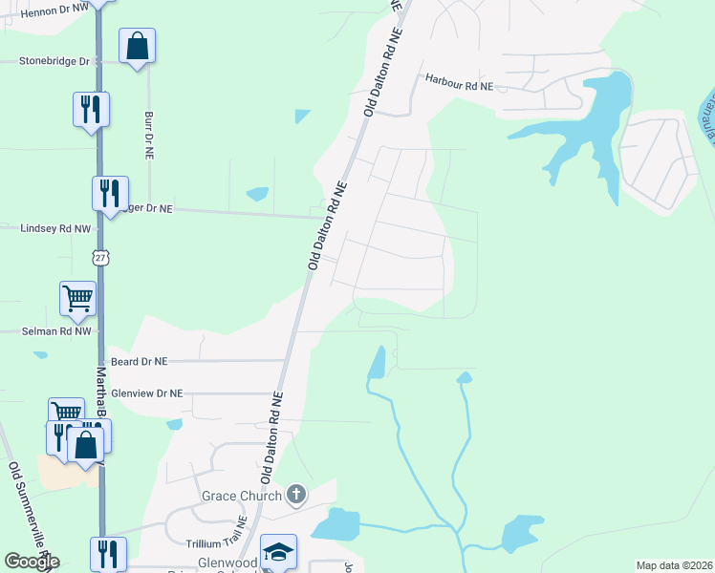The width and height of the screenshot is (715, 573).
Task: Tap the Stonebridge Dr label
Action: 54,61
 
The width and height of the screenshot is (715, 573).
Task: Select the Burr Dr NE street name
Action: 148,135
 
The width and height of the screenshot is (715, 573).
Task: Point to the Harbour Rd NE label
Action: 459,85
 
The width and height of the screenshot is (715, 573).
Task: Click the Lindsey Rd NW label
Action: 55,228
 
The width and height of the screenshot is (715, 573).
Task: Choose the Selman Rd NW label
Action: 57,331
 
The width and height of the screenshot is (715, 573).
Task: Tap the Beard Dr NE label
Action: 139,362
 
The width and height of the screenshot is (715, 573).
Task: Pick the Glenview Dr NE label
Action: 146,393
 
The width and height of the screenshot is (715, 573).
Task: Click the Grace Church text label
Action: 241,496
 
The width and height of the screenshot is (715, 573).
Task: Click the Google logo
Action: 32,562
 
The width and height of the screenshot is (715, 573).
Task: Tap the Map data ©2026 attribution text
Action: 673,565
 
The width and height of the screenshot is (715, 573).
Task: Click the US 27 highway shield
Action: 100,258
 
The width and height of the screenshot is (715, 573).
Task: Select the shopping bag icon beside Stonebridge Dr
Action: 137,46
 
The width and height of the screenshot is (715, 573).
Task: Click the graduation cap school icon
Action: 278,551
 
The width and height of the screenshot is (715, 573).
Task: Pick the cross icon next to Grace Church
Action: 296,494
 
